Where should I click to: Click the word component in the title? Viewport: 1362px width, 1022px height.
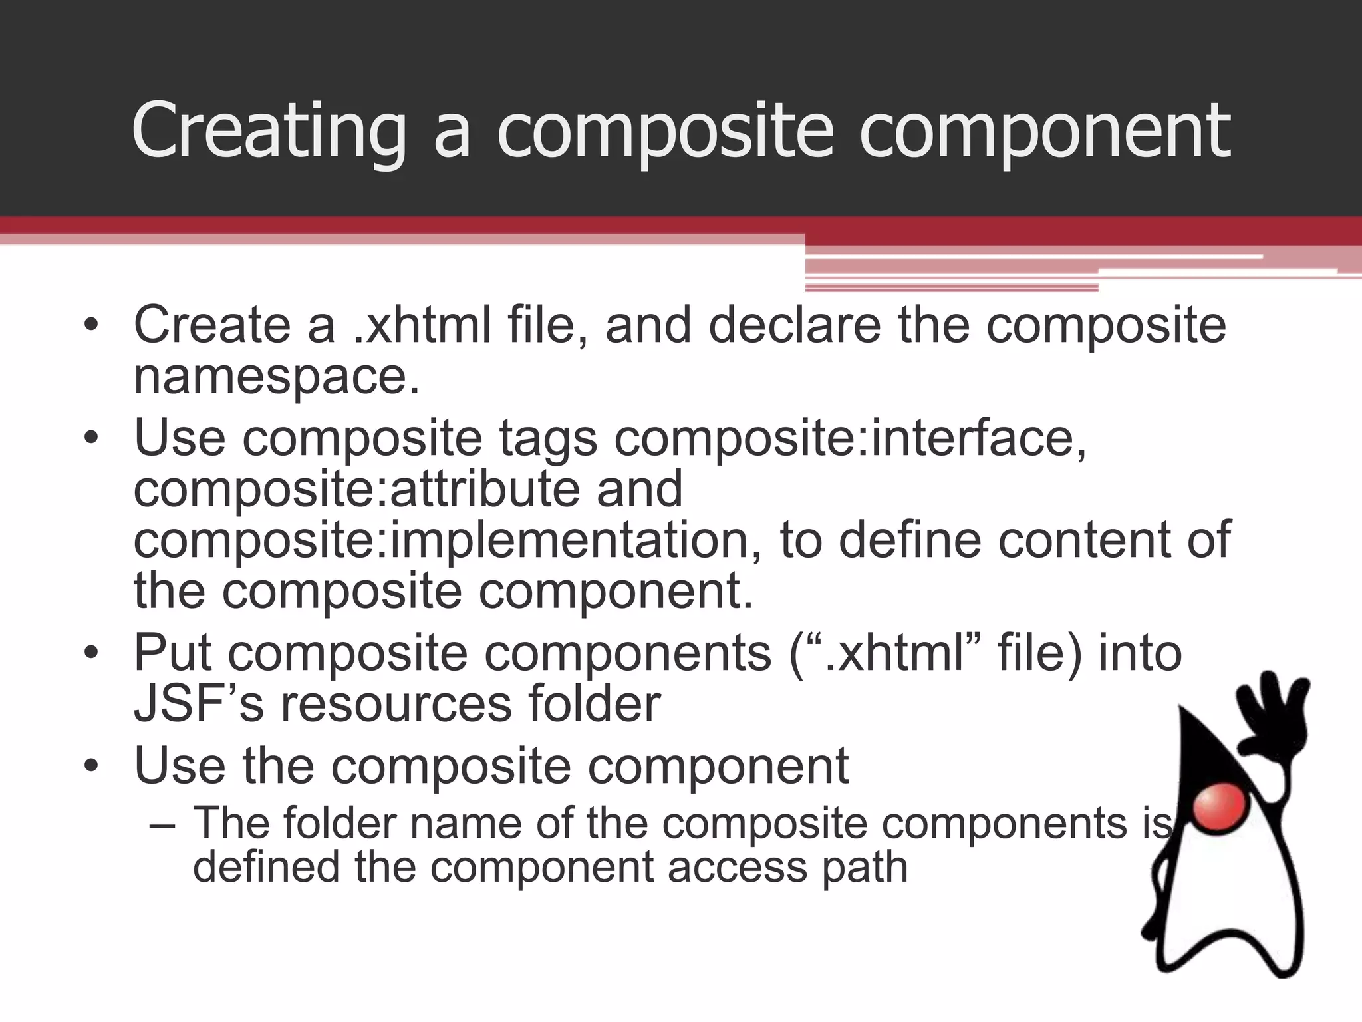tap(1044, 131)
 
